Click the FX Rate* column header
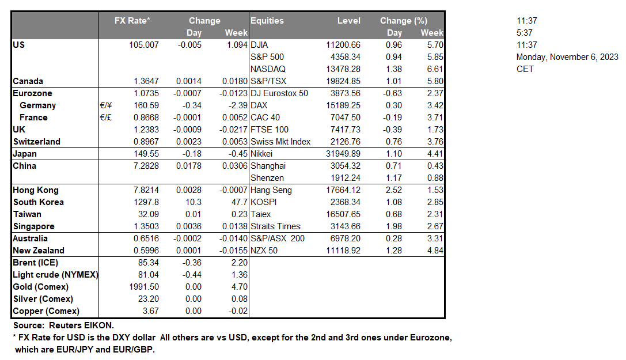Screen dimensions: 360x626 coord(132,21)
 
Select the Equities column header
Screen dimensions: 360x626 coord(267,21)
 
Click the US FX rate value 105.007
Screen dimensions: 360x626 coord(144,45)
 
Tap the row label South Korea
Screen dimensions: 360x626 coord(39,202)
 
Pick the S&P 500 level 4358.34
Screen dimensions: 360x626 coord(344,57)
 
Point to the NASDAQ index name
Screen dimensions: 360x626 coord(268,69)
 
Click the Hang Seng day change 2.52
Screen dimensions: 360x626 coord(394,190)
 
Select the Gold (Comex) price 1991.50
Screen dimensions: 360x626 coord(144,287)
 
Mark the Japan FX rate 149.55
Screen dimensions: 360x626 coord(146,154)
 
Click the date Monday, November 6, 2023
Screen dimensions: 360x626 coord(567,57)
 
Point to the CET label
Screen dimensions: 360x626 coord(525,69)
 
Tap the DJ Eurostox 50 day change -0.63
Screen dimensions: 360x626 coord(393,93)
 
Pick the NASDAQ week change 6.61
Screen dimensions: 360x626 coord(436,69)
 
